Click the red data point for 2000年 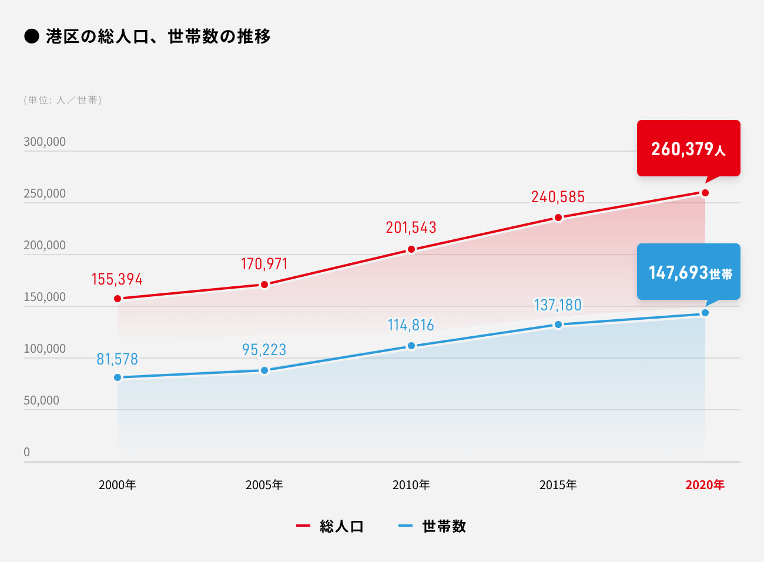pos(118,299)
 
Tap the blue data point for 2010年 pos(411,346)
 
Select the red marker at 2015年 pos(558,218)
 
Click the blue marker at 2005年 pos(264,370)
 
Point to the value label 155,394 pos(117,279)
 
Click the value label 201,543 pos(411,228)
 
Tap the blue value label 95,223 pos(264,350)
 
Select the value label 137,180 pos(558,305)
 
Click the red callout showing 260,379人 pos(688,148)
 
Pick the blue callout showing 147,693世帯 pos(688,272)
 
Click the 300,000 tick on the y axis pos(45,142)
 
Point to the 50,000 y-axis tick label pos(41,400)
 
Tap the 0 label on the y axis pos(26,452)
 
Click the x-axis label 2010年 pos(411,485)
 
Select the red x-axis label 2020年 pos(705,485)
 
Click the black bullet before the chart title pos(31,36)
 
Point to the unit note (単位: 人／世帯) pos(63,100)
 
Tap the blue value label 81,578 pos(117,359)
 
